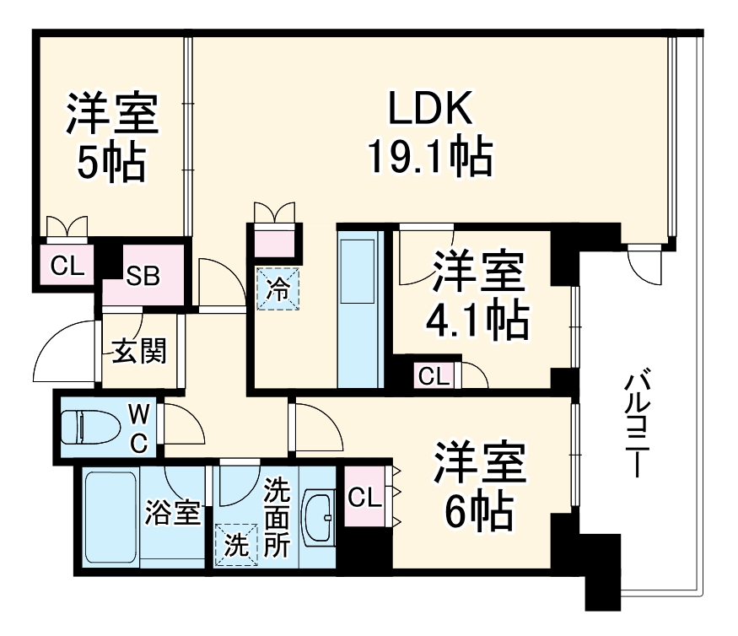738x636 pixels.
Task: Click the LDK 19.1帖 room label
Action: pyautogui.click(x=429, y=132)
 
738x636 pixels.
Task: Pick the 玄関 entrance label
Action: pyautogui.click(x=138, y=351)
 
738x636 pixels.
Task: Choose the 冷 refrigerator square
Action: pyautogui.click(x=277, y=288)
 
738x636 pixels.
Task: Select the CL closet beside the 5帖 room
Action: pyautogui.click(x=67, y=267)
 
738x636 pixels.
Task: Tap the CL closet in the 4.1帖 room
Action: pyautogui.click(x=434, y=376)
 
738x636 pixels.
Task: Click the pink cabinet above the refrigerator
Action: pyautogui.click(x=275, y=241)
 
